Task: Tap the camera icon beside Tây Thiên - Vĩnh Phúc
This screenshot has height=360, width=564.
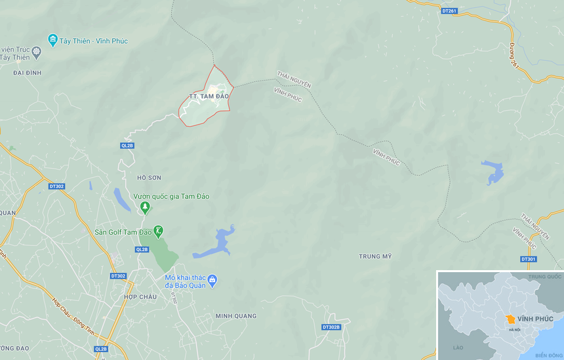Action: (x=53, y=41)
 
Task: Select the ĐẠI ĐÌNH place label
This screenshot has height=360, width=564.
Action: (x=27, y=73)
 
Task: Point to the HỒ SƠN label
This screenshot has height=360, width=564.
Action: (x=149, y=178)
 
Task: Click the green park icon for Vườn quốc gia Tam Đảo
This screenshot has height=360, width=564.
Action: (x=145, y=208)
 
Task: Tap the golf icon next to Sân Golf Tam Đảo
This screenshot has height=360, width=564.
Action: (x=158, y=231)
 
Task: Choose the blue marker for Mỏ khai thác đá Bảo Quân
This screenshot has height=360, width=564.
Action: (x=212, y=281)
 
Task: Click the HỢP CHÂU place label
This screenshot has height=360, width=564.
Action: (x=140, y=297)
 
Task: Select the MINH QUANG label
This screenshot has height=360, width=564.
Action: (x=236, y=316)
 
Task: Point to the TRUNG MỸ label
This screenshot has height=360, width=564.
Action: (x=375, y=256)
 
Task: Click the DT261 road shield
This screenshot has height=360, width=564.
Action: (x=449, y=10)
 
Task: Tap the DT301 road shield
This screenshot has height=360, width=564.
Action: (x=529, y=259)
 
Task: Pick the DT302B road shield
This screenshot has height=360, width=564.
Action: (x=332, y=327)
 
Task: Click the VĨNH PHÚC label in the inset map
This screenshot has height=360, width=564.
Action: (x=535, y=319)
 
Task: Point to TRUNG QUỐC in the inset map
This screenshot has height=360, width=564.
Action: (x=545, y=276)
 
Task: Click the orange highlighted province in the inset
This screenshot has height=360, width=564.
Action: (x=510, y=319)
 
